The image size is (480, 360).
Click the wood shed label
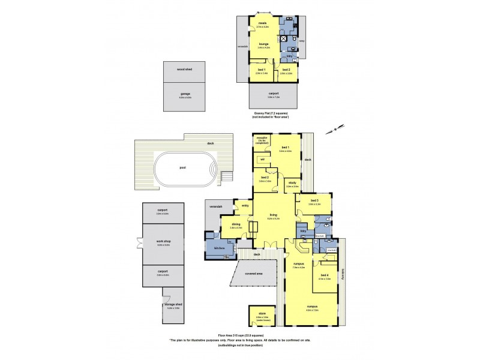[184, 70]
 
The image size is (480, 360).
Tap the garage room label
[184, 94]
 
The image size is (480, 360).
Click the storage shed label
[173, 305]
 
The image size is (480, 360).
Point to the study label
[292, 183]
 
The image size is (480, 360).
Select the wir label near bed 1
[262, 160]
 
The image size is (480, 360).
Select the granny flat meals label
[262, 23]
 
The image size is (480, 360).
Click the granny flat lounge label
[263, 44]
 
